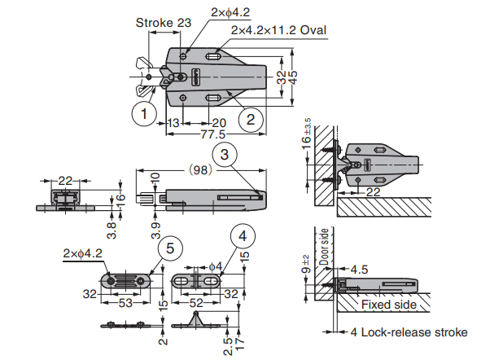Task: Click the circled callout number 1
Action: (144, 114)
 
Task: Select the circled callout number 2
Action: (251, 119)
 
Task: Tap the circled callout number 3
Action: (225, 153)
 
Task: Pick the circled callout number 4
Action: (243, 235)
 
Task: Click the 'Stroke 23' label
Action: (163, 23)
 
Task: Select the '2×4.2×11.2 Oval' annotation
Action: (278, 30)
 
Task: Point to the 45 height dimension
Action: (295, 76)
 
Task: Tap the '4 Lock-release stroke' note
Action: (409, 332)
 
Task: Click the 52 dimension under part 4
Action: (197, 303)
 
